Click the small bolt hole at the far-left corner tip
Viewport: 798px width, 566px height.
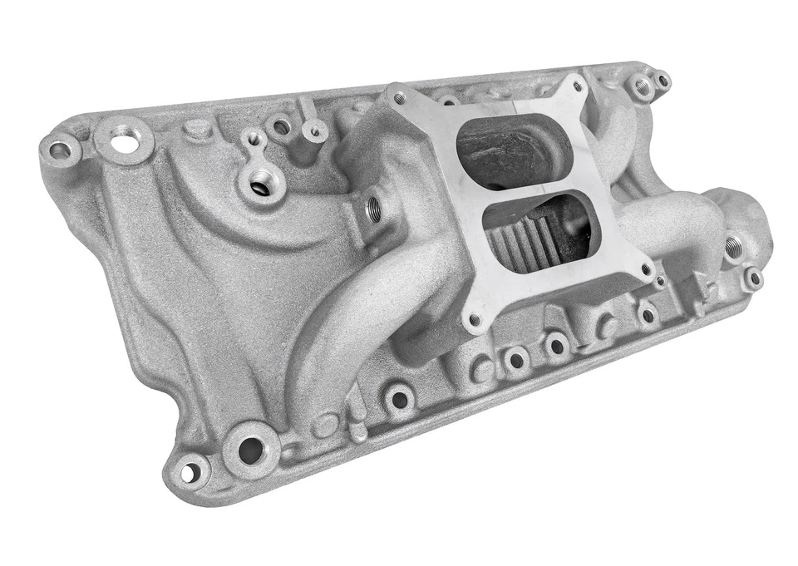point(59,150)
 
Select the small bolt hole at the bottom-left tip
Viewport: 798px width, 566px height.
point(189,472)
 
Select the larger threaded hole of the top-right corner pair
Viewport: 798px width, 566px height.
point(642,86)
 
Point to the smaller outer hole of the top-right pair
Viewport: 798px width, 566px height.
point(662,81)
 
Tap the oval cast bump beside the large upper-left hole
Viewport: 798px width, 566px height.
point(196,129)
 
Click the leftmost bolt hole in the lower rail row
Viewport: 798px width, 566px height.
point(400,399)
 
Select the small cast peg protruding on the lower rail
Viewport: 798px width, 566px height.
point(358,432)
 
